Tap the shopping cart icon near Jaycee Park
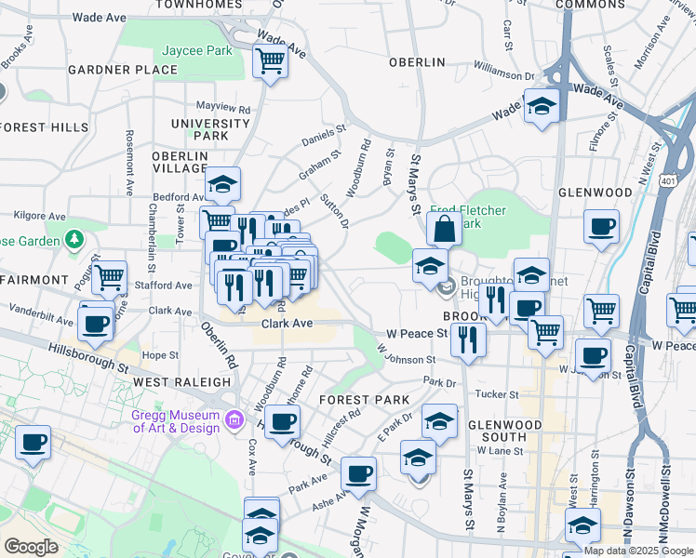pyautogui.click(x=270, y=62)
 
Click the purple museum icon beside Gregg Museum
pyautogui.click(x=234, y=421)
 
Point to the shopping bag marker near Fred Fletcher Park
pyautogui.click(x=445, y=228)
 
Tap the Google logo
pyautogui.click(x=31, y=547)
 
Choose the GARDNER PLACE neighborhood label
pyautogui.click(x=109, y=70)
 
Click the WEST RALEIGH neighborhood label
pyautogui.click(x=181, y=382)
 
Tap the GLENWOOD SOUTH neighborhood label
pyautogui.click(x=504, y=431)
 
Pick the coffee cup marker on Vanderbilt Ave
pyautogui.click(x=96, y=324)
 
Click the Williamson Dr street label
pyautogui.click(x=505, y=71)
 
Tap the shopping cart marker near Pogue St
pyautogui.click(x=110, y=274)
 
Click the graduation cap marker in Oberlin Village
pyautogui.click(x=222, y=185)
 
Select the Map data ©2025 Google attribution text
pyautogui.click(x=639, y=551)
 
